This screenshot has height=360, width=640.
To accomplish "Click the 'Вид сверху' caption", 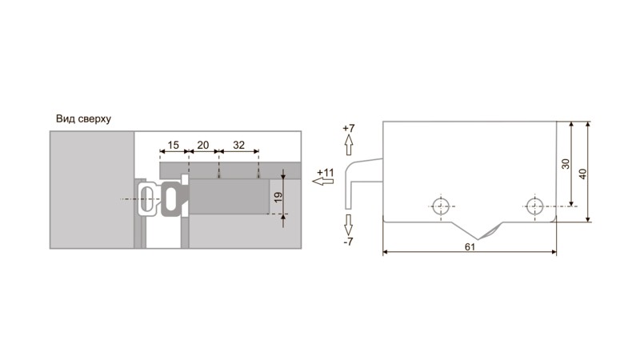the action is click(x=83, y=119).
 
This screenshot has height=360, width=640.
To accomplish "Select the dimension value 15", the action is click(x=173, y=145).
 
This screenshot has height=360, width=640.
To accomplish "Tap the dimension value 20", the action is click(x=203, y=145).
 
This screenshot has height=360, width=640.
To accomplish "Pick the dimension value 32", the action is click(x=238, y=145).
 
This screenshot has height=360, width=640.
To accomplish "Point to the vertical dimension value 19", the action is click(x=278, y=198).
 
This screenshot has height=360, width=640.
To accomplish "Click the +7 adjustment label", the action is click(x=349, y=128).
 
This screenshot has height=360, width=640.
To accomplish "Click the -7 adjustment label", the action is click(x=348, y=242).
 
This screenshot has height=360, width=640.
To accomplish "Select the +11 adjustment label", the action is click(x=326, y=172).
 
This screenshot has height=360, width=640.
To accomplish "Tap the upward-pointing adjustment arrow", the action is click(x=349, y=145).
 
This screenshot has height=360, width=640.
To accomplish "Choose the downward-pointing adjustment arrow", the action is click(x=348, y=225).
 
